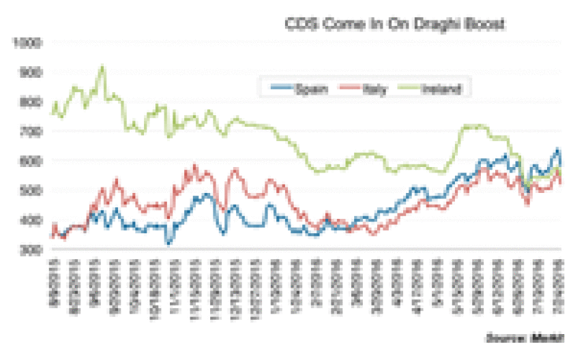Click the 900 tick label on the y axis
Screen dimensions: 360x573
[30, 72]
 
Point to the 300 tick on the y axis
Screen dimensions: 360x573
[30, 250]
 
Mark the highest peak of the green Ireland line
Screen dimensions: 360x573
[102, 67]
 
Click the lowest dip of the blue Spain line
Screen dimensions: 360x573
[168, 242]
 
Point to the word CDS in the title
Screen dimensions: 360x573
[297, 25]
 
